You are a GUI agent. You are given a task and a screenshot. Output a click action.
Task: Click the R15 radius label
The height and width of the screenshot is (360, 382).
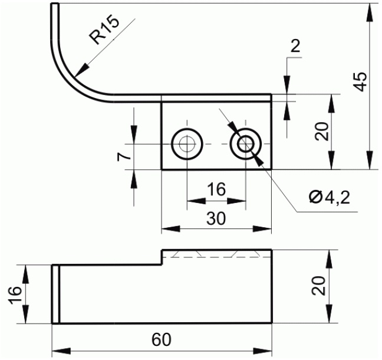[x=104, y=31]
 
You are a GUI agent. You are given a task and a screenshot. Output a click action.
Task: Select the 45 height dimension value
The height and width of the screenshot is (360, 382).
[x=360, y=82]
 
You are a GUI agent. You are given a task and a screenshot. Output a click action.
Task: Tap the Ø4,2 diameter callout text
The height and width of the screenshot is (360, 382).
[x=329, y=197]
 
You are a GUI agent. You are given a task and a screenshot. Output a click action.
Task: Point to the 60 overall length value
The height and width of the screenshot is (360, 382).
[x=162, y=339]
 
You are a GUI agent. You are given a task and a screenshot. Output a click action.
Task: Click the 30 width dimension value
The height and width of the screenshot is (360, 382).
[x=216, y=218]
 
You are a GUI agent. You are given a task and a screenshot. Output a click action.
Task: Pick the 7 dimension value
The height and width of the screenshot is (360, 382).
[x=124, y=156]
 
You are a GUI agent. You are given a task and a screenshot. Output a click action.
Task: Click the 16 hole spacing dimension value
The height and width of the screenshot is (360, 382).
[x=216, y=189]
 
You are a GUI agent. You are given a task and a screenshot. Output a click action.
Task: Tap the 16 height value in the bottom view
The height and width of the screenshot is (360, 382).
[x=15, y=295]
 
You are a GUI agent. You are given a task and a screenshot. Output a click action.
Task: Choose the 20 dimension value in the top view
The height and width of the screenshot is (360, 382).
[x=322, y=131]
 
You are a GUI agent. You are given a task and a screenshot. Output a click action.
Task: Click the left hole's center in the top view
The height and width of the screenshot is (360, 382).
[x=187, y=144]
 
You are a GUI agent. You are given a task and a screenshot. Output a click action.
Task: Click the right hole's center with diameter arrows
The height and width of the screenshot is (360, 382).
[x=246, y=144]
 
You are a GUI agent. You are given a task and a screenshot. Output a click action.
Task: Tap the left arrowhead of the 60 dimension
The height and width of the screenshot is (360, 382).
[x=61, y=352]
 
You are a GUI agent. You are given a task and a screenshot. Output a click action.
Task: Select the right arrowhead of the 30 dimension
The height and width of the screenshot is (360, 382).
[x=262, y=229]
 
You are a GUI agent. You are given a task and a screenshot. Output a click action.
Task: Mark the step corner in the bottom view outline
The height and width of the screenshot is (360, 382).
[x=163, y=264]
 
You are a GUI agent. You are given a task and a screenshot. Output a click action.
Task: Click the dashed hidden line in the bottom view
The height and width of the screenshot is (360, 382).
[x=217, y=257]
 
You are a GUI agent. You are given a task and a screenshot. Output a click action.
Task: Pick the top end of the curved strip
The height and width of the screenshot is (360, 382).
[x=55, y=4]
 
